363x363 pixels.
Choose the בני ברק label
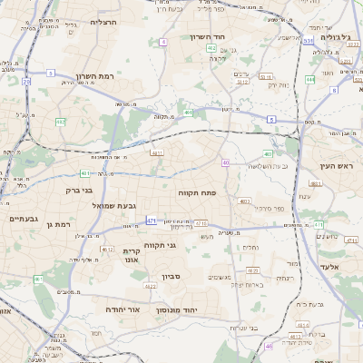(x=80, y=191)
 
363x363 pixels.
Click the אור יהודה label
(x=121, y=309)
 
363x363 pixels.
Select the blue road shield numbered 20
(x=26, y=82)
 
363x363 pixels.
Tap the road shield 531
(x=309, y=41)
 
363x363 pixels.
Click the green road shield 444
(x=309, y=79)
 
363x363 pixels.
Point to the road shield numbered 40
(x=225, y=162)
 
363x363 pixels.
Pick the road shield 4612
(x=107, y=249)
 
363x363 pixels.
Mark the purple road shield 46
(x=268, y=346)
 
